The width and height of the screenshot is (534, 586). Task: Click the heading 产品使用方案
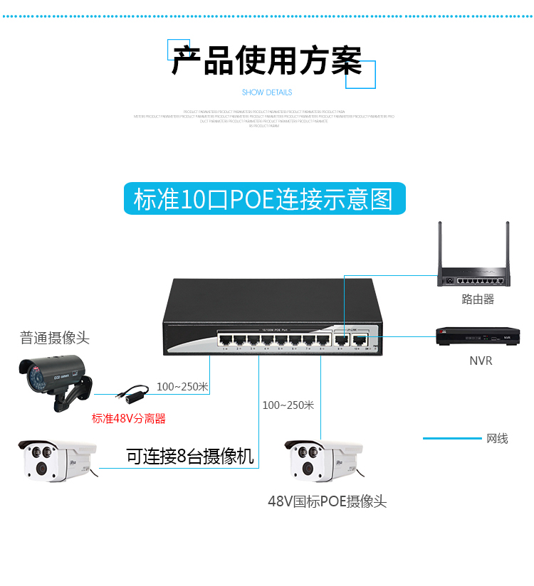pyautogui.click(x=266, y=61)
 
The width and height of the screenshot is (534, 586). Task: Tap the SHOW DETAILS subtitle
pyautogui.click(x=267, y=92)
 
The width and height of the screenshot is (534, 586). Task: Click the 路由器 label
pyautogui.click(x=477, y=299)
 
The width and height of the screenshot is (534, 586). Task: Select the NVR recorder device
pyautogui.click(x=476, y=336)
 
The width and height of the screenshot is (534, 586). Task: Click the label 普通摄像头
pyautogui.click(x=55, y=338)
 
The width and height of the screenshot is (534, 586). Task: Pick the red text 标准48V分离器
pyautogui.click(x=128, y=418)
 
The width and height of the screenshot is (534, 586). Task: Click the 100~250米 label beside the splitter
pyautogui.click(x=182, y=387)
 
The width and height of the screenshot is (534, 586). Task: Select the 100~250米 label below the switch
pyautogui.click(x=288, y=405)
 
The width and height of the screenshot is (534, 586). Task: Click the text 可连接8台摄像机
pyautogui.click(x=190, y=457)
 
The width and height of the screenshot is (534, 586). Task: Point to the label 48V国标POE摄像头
pyautogui.click(x=327, y=502)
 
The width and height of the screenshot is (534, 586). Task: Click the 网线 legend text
pyautogui.click(x=497, y=438)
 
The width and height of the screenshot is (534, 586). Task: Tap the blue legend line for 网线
pyautogui.click(x=451, y=438)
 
